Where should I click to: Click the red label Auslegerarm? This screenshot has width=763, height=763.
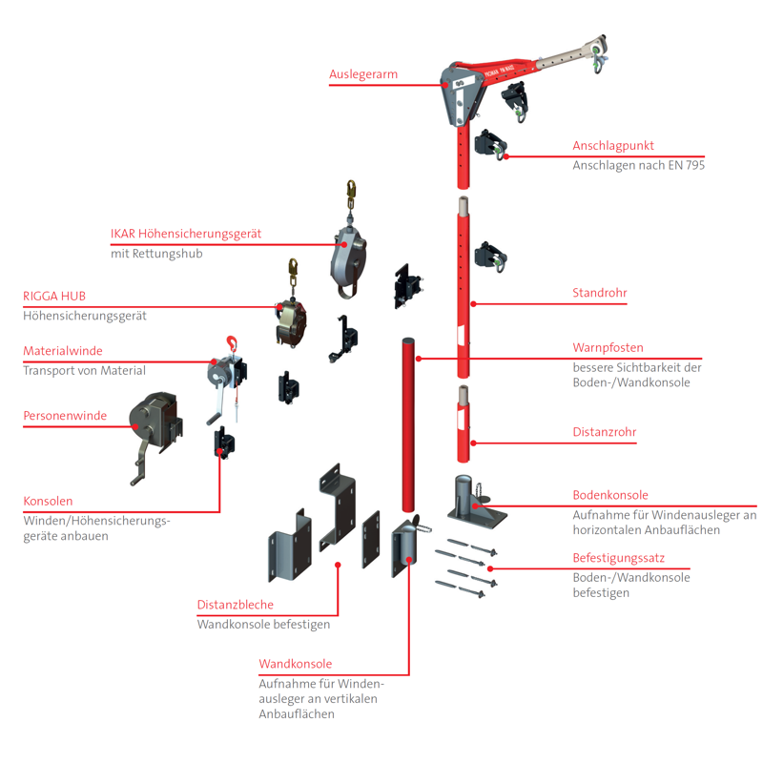(x=362, y=73)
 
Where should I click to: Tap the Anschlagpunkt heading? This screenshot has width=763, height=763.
(x=612, y=146)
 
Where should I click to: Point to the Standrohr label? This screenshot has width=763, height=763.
(x=599, y=293)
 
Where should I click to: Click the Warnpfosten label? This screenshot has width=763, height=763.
(x=608, y=347)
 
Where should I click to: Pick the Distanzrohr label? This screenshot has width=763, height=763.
(x=604, y=432)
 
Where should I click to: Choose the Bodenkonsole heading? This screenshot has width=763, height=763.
(x=609, y=495)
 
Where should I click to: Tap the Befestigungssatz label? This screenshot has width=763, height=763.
(x=618, y=558)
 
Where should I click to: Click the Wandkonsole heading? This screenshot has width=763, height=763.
(x=295, y=664)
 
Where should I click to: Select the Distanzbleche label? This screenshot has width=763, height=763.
(x=235, y=605)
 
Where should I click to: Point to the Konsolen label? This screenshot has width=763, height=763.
(x=48, y=501)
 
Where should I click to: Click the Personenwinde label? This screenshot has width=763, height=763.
(x=64, y=415)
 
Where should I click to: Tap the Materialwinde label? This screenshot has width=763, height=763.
(x=62, y=351)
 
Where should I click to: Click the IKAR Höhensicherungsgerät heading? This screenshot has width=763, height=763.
(x=186, y=234)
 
